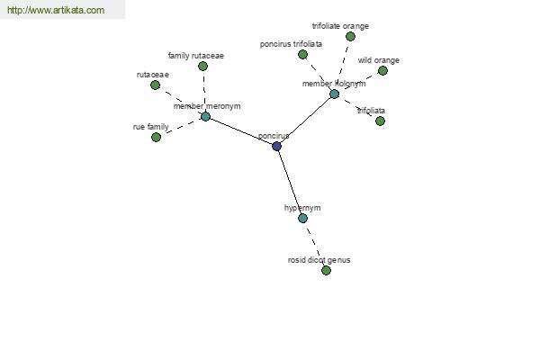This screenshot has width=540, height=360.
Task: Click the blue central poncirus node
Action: (276, 146)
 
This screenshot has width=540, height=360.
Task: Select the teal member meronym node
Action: (205, 116)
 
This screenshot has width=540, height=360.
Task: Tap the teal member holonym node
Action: (334, 94)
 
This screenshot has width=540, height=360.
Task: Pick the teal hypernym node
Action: (302, 218)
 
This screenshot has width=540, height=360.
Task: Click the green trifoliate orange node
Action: (351, 36)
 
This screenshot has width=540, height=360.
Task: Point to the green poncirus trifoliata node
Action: (302, 54)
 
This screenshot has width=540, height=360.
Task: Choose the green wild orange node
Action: (382, 70)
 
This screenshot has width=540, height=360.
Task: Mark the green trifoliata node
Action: (380, 121)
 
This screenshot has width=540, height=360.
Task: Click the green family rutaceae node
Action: (202, 66)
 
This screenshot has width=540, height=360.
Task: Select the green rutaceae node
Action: (156, 85)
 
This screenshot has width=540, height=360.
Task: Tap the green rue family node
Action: (156, 137)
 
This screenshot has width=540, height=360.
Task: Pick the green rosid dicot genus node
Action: (326, 270)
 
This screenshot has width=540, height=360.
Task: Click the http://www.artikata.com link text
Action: (56, 10)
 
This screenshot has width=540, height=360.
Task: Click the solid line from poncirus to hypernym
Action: (290, 182)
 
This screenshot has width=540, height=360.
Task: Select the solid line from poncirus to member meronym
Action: (241, 131)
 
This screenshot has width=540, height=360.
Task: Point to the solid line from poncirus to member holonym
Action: (305, 120)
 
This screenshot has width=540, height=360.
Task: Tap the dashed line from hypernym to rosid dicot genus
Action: (314, 244)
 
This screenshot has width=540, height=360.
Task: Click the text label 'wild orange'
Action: (379, 60)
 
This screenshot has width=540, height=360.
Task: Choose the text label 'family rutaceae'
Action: (196, 56)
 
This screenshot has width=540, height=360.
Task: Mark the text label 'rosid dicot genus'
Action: (319, 260)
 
